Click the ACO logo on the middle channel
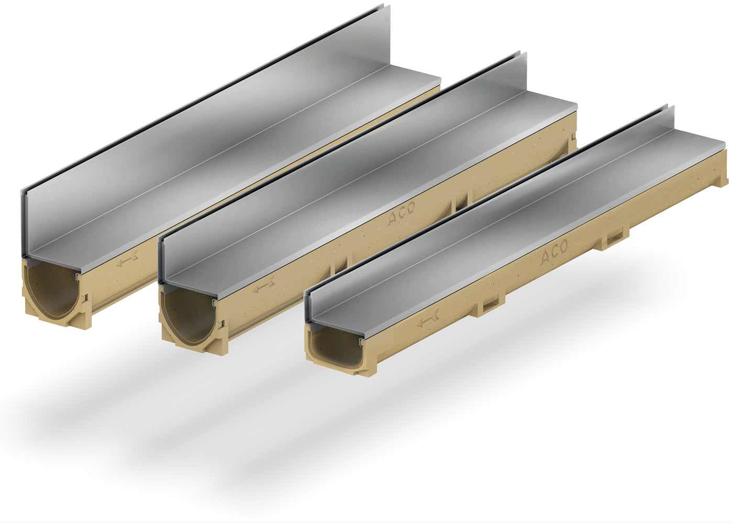click(x=401, y=213)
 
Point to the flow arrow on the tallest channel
click(x=128, y=261)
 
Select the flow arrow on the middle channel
click(x=263, y=287)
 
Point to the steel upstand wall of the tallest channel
click(x=209, y=89)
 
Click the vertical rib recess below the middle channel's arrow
click(x=341, y=261)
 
